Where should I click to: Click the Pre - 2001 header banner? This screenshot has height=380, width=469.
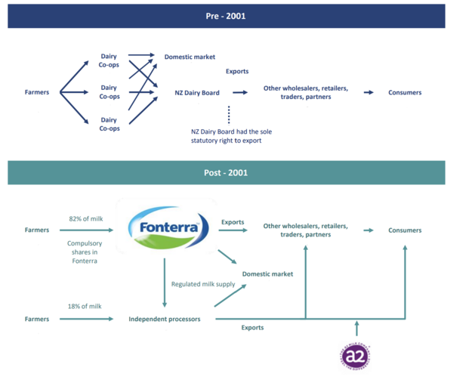pos(226,16)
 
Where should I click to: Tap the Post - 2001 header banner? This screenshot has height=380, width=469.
pos(226,173)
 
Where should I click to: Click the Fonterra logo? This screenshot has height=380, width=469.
pos(164,226)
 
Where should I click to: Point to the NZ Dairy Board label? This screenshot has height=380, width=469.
pos(197,93)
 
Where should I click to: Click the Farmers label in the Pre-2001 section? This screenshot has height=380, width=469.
pos(37,93)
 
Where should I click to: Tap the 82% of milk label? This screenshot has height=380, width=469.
pos(85,219)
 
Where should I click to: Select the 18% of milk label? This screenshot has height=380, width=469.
pos(85,306)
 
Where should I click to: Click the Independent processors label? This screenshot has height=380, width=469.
pos(165,320)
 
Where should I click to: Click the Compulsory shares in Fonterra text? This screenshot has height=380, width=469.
pos(85,252)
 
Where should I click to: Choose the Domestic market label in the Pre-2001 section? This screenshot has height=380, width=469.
pos(190,57)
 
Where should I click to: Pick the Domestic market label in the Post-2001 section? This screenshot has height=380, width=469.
pos(267,273)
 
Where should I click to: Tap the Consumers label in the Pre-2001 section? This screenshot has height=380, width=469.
pos(405,93)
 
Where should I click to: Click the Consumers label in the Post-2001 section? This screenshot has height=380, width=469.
pos(405,230)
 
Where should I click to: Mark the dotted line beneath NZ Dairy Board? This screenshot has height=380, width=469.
pos(229,116)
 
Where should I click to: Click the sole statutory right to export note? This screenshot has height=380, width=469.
pos(231,136)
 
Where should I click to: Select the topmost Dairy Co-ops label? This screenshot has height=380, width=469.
pos(110,60)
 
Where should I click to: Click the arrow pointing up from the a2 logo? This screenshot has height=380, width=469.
pos(357,328)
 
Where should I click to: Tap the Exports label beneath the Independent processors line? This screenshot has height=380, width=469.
pos(252,328)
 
